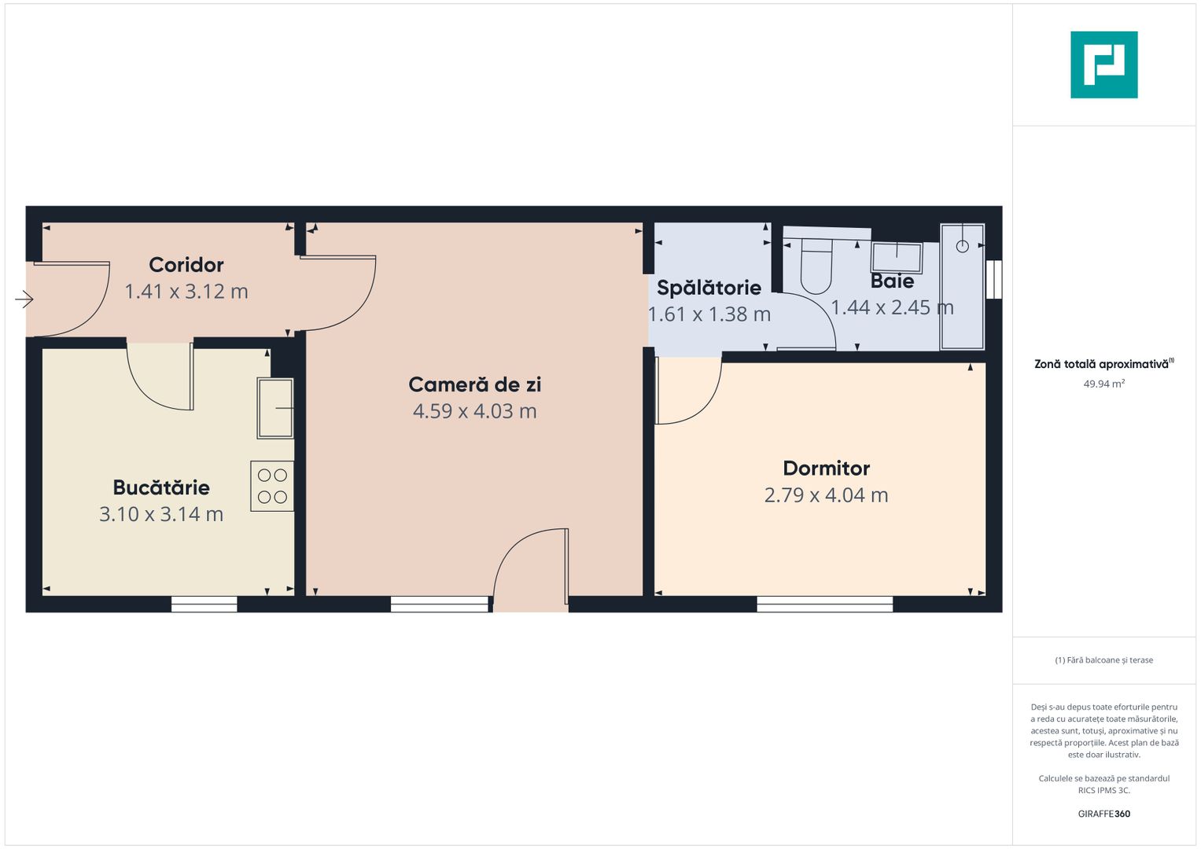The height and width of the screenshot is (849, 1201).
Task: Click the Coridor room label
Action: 186,265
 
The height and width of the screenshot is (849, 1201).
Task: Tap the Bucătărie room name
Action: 161,487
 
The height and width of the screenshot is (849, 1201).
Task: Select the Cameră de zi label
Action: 474,384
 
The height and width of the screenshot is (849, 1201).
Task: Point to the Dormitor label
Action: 826,469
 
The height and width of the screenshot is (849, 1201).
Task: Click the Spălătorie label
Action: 709,288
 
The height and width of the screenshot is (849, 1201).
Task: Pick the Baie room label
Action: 892,281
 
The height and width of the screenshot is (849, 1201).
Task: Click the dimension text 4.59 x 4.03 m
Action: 474,411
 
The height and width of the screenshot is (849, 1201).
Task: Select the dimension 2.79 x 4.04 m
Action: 826,495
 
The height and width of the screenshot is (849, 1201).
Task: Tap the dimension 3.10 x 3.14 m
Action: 161,514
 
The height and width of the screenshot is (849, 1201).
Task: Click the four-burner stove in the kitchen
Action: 272,486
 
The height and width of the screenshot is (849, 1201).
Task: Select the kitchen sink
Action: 275,408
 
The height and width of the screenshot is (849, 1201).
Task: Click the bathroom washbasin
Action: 897,257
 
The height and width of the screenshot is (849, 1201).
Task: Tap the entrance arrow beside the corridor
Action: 24,299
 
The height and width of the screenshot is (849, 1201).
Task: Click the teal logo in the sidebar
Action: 1103,64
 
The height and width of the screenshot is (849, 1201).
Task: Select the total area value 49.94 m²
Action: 1103,384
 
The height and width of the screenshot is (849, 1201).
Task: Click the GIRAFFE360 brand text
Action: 1103,814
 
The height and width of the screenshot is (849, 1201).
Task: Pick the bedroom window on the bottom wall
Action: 824,604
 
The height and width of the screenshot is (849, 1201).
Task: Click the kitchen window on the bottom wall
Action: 204,604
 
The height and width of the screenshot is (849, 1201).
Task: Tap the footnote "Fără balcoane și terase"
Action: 1103,660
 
